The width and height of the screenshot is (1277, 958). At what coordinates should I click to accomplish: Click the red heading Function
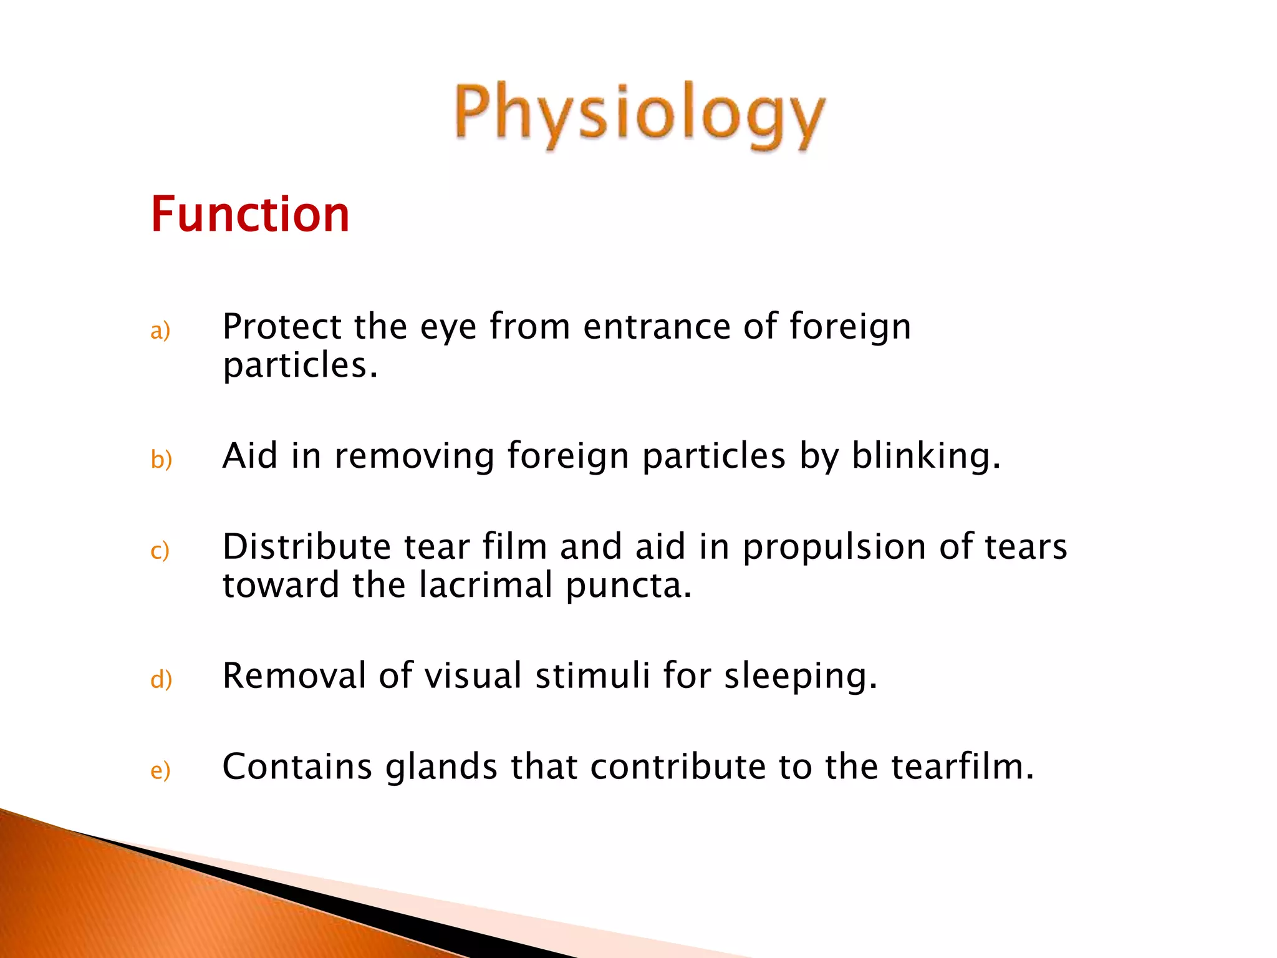250,215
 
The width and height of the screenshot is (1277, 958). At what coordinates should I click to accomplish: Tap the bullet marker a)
160,331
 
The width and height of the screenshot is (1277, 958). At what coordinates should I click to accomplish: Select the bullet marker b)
161,460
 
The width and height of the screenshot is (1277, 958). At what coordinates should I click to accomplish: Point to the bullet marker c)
160,551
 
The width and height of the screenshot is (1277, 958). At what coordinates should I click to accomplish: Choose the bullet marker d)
161,679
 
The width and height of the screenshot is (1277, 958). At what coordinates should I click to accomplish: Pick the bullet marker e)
160,771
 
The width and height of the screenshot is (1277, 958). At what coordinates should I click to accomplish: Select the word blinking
925,456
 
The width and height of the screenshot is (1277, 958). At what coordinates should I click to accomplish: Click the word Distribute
306,546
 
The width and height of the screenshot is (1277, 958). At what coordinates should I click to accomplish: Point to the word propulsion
834,548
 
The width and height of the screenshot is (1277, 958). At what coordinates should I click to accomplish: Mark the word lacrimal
486,585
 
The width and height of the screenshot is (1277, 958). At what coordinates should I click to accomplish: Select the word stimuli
592,675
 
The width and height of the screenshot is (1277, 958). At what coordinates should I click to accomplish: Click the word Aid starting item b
250,455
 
